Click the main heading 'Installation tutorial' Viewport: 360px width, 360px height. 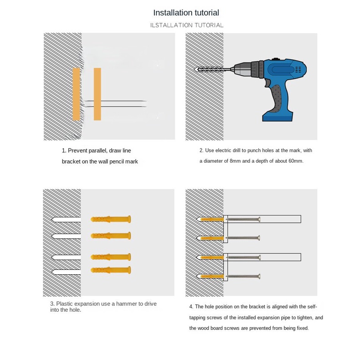tap(186, 13)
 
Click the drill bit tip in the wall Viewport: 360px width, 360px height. tap(195, 69)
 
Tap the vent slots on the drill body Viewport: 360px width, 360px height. tap(298, 70)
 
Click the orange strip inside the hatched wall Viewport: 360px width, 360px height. tap(76, 94)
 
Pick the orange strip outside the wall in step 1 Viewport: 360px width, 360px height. tap(98, 94)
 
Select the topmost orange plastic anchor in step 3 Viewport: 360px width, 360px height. tap(111, 219)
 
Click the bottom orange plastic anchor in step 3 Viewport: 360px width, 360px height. tap(111, 270)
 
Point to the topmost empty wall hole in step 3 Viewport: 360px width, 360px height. tap(66, 220)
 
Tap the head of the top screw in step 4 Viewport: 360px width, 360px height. tap(259, 219)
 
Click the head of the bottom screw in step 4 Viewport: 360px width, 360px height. tap(259, 277)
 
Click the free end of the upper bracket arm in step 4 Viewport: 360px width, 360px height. tap(301, 219)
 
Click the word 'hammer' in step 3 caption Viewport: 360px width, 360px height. tap(126, 304)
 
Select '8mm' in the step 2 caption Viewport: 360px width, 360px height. tap(235, 161)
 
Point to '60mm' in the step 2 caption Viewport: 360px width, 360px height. tap(296, 161)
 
